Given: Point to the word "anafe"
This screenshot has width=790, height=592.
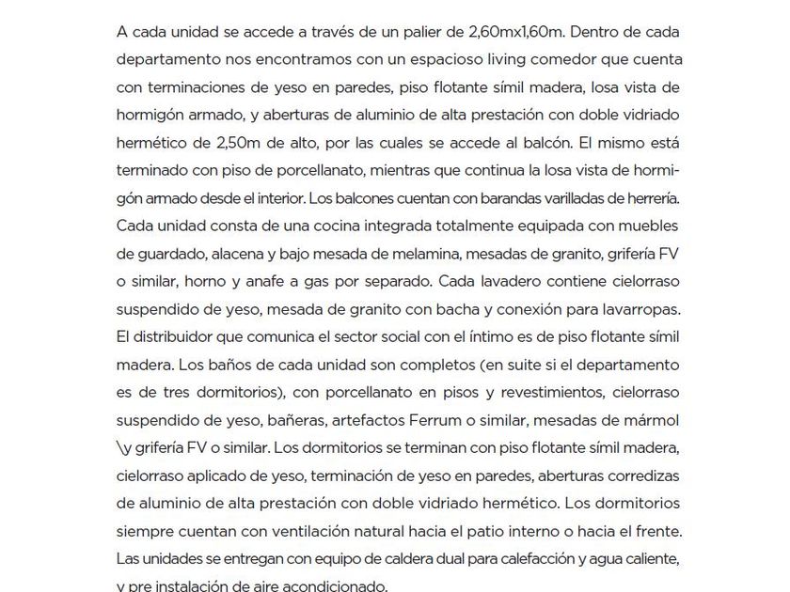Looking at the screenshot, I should (237, 282).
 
